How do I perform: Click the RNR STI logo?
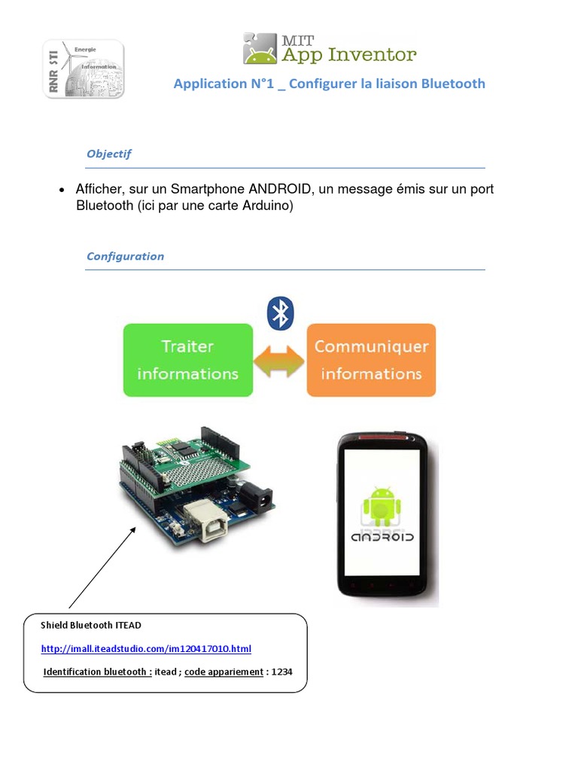click(x=83, y=69)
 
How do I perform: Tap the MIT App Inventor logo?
click(x=329, y=48)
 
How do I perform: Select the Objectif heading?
click(x=109, y=154)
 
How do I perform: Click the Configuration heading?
click(x=125, y=256)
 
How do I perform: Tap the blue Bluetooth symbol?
click(x=281, y=312)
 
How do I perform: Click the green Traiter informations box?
click(x=187, y=360)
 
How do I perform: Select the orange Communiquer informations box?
click(x=371, y=360)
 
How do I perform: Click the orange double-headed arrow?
click(x=279, y=361)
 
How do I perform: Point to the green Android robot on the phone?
click(x=382, y=504)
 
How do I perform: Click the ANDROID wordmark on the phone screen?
click(x=383, y=538)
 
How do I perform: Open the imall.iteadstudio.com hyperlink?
click(x=146, y=649)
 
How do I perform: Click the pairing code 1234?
click(x=281, y=672)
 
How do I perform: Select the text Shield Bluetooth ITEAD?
click(x=91, y=625)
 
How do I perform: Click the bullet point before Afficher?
click(x=62, y=190)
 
